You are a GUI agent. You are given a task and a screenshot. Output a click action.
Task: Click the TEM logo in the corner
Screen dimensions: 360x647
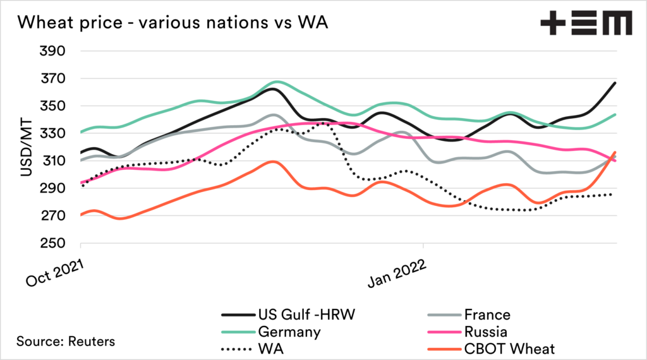[x=586, y=23]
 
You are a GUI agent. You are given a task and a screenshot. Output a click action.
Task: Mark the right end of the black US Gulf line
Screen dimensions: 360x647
[x=615, y=83]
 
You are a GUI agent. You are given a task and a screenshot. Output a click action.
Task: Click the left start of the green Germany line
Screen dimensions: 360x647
[x=81, y=132]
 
